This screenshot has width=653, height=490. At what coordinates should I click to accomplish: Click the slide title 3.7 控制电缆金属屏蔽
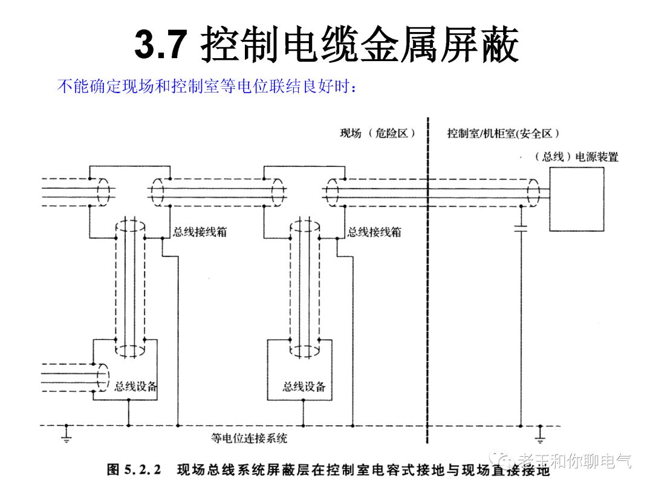pos(326,45)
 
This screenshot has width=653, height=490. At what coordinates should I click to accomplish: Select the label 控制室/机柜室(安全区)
pos(503,133)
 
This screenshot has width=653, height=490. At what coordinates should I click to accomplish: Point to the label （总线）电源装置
pos(576,157)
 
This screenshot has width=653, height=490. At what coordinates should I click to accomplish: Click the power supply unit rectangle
pos(576,199)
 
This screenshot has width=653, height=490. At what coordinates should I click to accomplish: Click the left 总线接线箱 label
pos(200,232)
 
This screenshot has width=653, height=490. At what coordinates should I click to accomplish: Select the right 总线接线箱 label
pos(374,232)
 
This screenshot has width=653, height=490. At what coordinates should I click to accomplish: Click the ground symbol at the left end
pos(66,433)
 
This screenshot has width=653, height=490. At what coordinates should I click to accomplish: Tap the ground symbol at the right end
pos(541,433)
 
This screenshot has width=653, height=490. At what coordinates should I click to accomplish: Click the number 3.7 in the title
pos(158,45)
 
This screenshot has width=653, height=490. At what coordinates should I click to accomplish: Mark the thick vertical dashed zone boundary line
pos(427,278)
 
